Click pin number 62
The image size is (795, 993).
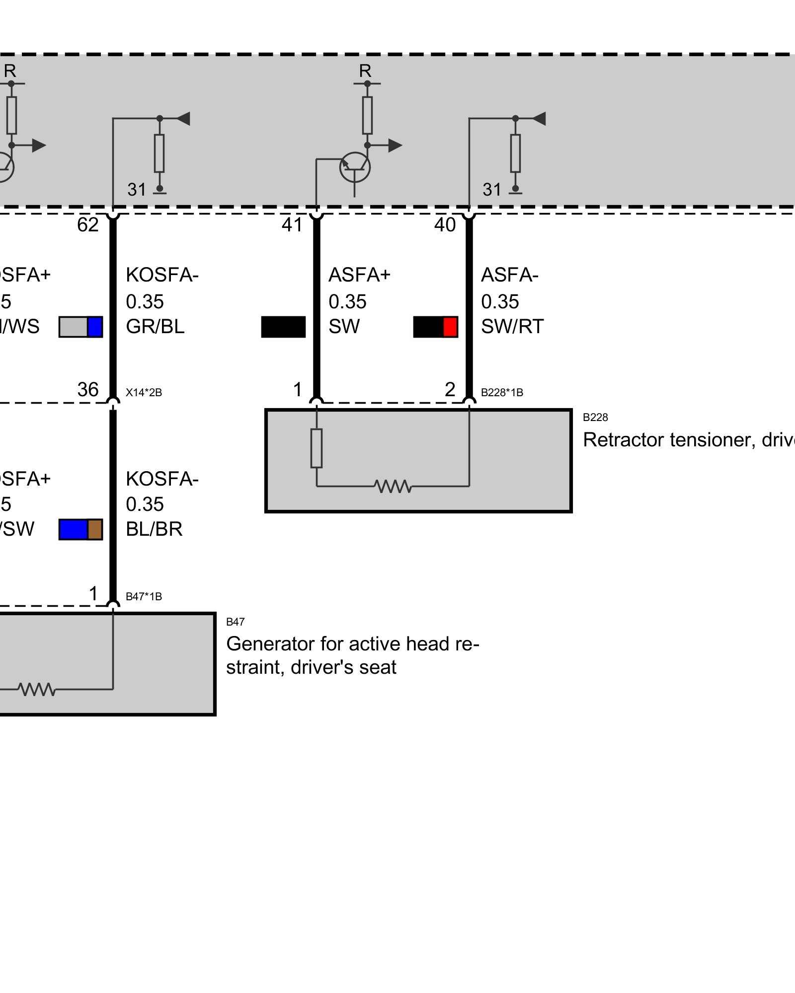point(88,225)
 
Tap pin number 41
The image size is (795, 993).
point(292,225)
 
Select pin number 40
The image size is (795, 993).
point(445,225)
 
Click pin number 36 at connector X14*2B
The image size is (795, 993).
point(88,390)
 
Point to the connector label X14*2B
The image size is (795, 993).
point(144,393)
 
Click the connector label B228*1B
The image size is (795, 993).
point(502,393)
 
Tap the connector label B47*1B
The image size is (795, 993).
point(144,597)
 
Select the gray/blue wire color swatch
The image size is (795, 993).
point(81,327)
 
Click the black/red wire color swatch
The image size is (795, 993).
point(435,327)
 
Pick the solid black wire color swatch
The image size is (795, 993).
point(283,327)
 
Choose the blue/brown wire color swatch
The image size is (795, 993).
point(81,530)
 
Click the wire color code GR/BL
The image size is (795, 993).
point(155,327)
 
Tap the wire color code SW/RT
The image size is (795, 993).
point(512,327)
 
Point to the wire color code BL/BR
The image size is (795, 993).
point(154,530)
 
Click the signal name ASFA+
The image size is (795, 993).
point(360,275)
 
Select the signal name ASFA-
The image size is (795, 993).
point(510,275)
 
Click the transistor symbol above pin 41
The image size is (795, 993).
point(355,167)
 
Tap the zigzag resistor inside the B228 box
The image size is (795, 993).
point(394,486)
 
